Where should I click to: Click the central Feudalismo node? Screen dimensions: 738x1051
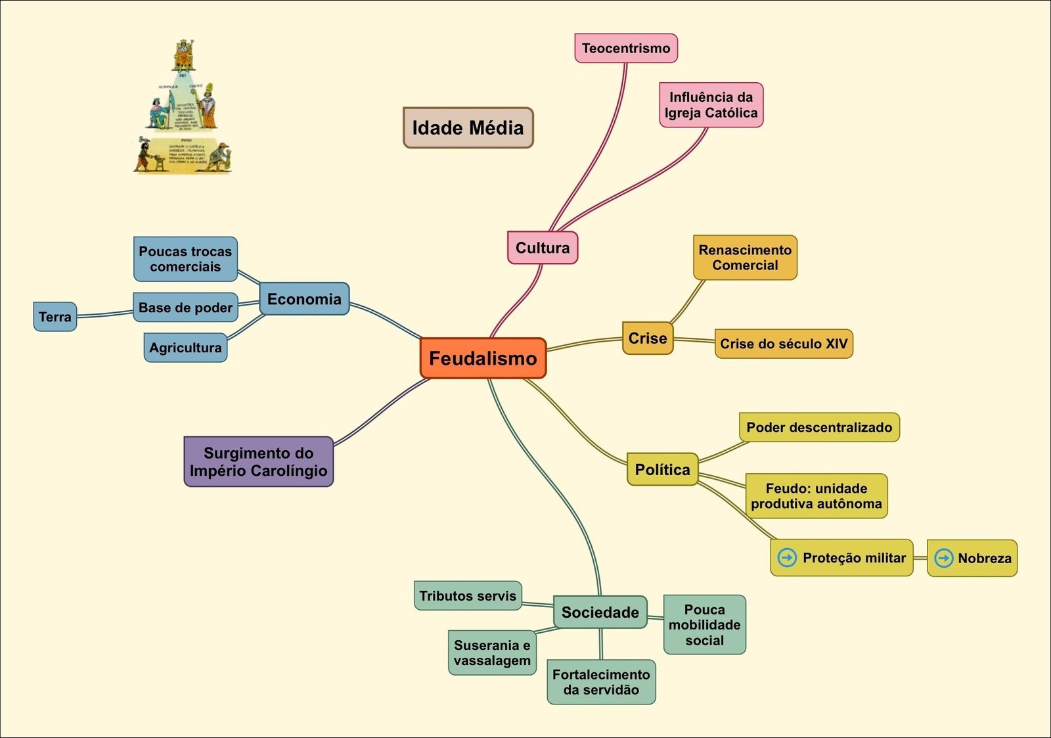pos(483,358)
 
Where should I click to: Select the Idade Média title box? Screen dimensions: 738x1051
pos(468,127)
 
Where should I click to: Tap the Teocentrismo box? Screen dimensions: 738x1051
pos(625,49)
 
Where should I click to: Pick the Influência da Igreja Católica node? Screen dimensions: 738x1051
pos(711,105)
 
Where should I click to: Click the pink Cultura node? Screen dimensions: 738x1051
pos(542,248)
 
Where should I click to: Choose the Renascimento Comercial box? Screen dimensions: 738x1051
pos(745,258)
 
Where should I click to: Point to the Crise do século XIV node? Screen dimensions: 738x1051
pos(783,344)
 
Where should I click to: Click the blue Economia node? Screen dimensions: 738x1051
pos(304,299)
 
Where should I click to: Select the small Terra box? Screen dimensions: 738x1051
pos(55,317)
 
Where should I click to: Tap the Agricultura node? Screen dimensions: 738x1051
pos(185,348)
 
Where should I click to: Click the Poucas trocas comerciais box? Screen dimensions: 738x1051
pos(185,259)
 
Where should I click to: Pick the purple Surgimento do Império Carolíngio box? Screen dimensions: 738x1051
pos(258,461)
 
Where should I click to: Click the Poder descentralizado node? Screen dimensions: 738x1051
pos(818,427)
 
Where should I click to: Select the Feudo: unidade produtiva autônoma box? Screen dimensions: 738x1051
pos(816,496)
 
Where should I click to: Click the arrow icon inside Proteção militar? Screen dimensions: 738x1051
pos(786,558)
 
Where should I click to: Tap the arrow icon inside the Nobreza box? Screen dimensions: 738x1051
pos(943,558)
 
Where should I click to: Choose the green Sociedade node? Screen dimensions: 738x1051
pos(600,612)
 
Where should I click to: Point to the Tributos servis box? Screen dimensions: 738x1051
pos(468,596)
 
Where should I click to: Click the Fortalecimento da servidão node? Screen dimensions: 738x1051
pos(601,682)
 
